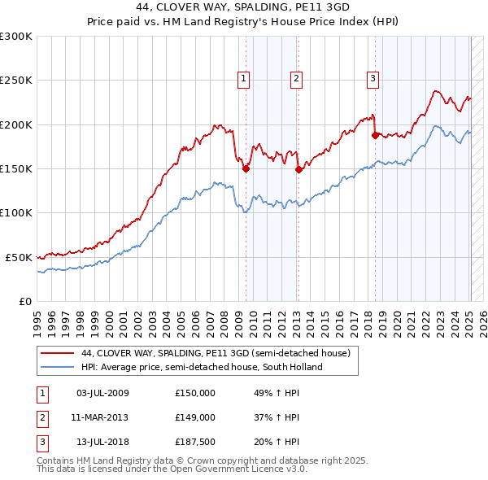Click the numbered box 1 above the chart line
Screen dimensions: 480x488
244,79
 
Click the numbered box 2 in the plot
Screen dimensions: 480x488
296,79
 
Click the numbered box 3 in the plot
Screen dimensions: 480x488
373,79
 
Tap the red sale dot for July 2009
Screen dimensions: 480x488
246,169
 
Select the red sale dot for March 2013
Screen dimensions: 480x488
298,170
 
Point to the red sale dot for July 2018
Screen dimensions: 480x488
375,136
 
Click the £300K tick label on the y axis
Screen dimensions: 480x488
16,37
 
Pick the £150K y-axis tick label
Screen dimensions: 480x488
16,169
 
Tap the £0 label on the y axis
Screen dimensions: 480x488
24,301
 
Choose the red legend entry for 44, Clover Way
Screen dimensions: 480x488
216,354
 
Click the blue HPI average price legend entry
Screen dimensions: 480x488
202,367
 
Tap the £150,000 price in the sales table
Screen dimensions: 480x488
195,393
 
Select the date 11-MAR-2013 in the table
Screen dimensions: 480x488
101,417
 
